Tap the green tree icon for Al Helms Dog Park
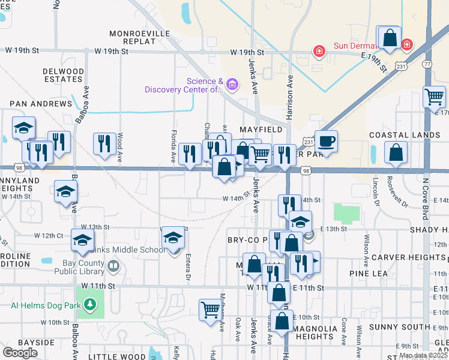tap(90, 305)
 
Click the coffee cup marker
tap(326, 142)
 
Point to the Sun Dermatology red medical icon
tap(319, 51)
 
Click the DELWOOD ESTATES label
tap(63, 75)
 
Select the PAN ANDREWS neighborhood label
tap(37, 104)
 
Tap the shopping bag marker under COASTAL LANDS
tap(396, 153)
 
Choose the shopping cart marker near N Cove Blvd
tap(433, 96)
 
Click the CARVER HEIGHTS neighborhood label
tap(408, 257)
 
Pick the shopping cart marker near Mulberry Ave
tap(210, 310)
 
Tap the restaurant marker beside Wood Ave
tap(104, 143)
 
